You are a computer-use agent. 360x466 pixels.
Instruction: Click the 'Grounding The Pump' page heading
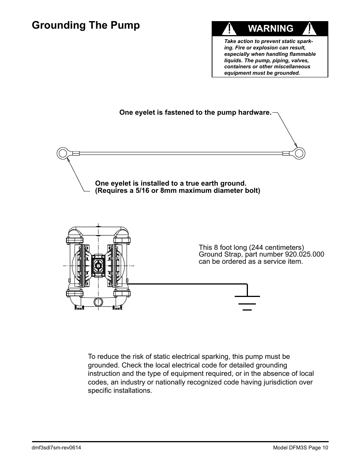tap(86, 25)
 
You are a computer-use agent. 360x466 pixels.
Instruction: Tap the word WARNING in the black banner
tap(269, 28)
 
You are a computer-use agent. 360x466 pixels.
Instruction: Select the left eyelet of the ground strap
tap(62, 153)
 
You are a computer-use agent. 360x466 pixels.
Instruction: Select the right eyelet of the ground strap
tap(299, 153)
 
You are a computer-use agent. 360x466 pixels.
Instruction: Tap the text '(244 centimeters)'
tap(280, 248)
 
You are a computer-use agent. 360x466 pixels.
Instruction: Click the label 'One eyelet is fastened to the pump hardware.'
tap(195, 112)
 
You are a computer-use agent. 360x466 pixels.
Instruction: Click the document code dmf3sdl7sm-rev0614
tap(57, 448)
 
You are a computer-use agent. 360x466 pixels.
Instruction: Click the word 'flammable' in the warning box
tap(301, 54)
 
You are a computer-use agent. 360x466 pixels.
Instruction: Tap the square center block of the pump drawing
tap(98, 265)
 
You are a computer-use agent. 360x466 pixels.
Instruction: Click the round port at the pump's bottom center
tap(98, 301)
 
